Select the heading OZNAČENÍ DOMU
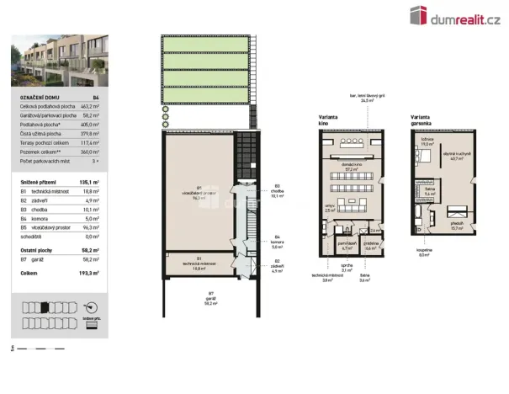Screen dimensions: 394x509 (x=38, y=98)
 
